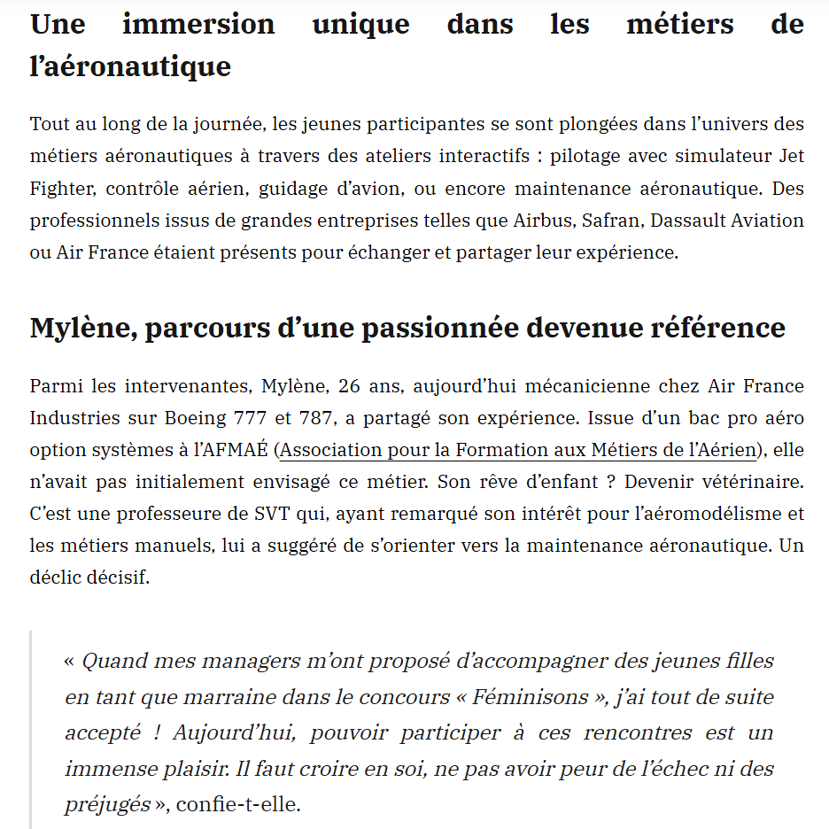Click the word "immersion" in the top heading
pyautogui.click(x=198, y=23)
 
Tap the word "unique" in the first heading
pyautogui.click(x=360, y=23)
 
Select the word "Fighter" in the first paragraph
pyautogui.click(x=62, y=189)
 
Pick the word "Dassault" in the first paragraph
pyautogui.click(x=686, y=221)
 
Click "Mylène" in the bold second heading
pyautogui.click(x=80, y=328)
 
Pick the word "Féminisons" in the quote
pyautogui.click(x=531, y=698)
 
